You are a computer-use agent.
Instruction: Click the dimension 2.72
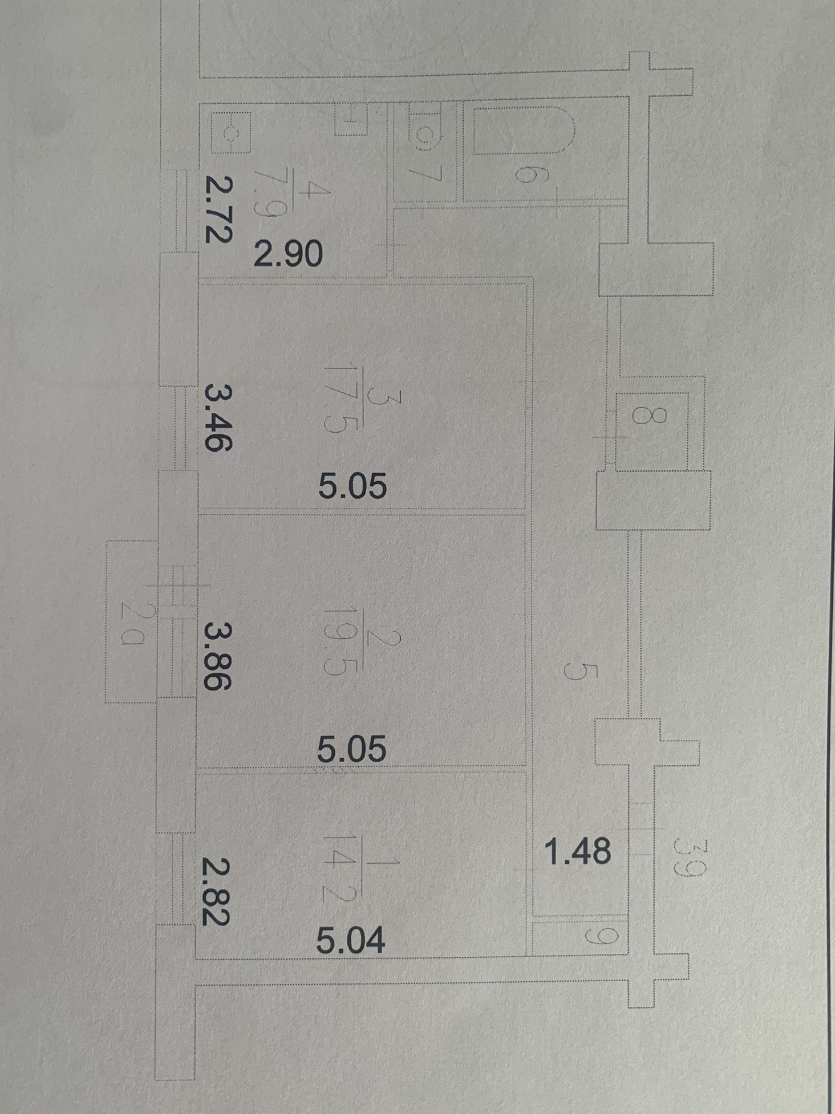click(218, 210)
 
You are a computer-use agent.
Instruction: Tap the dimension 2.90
click(288, 254)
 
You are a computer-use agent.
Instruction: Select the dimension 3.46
click(218, 418)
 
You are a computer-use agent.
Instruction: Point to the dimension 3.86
click(218, 656)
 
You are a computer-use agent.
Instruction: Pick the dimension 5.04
click(350, 940)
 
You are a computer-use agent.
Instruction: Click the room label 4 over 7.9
click(291, 200)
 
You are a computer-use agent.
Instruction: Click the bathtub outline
click(522, 130)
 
